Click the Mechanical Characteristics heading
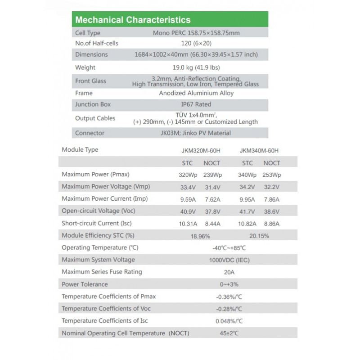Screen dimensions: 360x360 pyautogui.click(x=133, y=20)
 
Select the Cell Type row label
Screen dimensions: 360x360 pyautogui.click(x=88, y=33)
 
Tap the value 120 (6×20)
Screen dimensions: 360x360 pyautogui.click(x=195, y=44)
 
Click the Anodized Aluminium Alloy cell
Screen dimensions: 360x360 pyautogui.click(x=196, y=93)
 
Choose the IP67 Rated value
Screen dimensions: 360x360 pyautogui.click(x=196, y=104)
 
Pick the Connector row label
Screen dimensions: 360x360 pyautogui.click(x=90, y=133)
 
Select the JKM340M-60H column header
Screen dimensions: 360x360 pyautogui.click(x=256, y=151)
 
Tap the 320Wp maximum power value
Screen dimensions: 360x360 pyautogui.click(x=187, y=175)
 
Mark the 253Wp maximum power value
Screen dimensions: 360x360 pyautogui.click(x=271, y=175)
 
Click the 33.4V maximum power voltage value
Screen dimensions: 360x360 pyautogui.click(x=187, y=187)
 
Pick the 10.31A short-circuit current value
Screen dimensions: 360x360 pyautogui.click(x=186, y=224)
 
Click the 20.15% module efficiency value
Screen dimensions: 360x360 pyautogui.click(x=256, y=236)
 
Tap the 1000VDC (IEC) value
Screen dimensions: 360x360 pyautogui.click(x=229, y=260)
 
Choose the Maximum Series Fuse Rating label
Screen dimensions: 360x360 pyautogui.click(x=102, y=272)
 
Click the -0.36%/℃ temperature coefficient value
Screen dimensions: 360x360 pyautogui.click(x=229, y=297)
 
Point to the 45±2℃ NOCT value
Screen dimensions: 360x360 pyautogui.click(x=229, y=333)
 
